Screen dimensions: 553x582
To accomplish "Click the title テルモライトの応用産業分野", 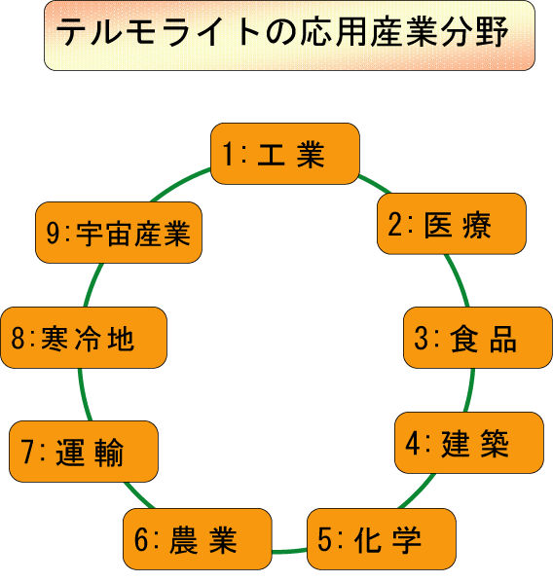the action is click(x=282, y=32).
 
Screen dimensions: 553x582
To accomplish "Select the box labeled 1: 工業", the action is click(x=285, y=154).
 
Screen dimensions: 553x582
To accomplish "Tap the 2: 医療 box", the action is click(x=452, y=224).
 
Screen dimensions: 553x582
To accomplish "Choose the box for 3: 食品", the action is click(x=478, y=338).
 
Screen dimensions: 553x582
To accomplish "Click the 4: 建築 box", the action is click(x=469, y=443).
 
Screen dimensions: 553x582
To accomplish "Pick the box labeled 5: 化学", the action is click(x=382, y=539).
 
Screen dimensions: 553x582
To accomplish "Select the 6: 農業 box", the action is click(x=198, y=539).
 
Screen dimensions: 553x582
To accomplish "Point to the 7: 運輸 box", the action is click(x=84, y=452).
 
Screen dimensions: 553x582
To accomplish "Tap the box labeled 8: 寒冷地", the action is click(x=84, y=338).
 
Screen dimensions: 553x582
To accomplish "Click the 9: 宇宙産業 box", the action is click(x=119, y=233).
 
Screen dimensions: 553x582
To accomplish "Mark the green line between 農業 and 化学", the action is click(x=289, y=551).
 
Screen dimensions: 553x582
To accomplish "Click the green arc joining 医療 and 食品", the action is click(x=459, y=280).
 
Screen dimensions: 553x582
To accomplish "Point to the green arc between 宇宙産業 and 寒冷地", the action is click(x=92, y=285).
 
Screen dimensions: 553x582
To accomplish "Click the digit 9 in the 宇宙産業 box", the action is click(x=54, y=233).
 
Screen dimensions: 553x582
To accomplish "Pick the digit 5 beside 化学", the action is click(x=324, y=539).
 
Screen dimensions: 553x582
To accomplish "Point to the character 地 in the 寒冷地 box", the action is click(x=121, y=339).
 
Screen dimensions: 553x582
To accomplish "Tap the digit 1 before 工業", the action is click(x=228, y=154).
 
